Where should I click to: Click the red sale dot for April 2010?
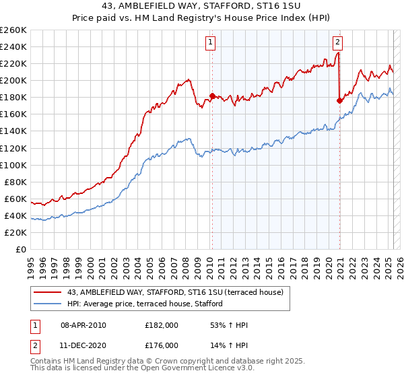(x=212, y=96)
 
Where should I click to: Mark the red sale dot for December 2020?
(x=339, y=100)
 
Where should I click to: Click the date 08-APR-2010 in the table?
(x=83, y=326)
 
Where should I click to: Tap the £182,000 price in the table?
(x=162, y=326)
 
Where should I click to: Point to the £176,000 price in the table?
(x=162, y=345)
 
